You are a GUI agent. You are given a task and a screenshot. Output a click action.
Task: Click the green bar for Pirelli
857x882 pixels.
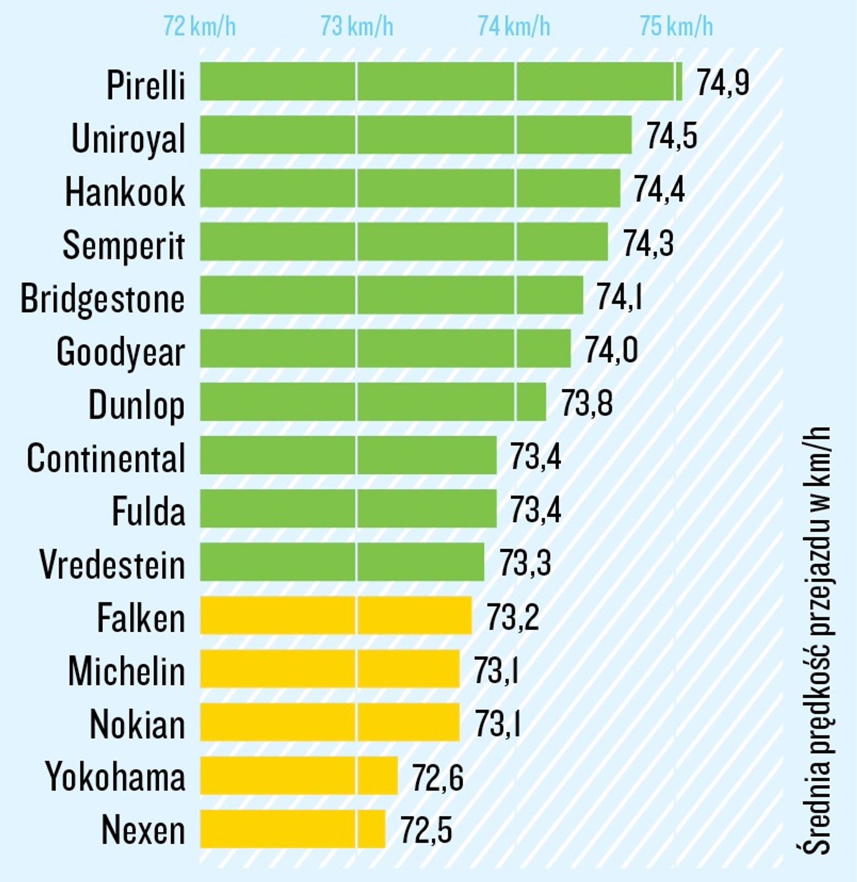[440, 82]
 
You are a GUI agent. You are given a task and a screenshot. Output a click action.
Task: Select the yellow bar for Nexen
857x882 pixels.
[292, 829]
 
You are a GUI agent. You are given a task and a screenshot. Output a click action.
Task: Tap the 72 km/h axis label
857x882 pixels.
[199, 26]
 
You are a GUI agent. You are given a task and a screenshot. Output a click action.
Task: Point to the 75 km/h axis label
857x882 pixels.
[676, 26]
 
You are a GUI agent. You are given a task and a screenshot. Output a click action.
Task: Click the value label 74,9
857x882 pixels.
[722, 83]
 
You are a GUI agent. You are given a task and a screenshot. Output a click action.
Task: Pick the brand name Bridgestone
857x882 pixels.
[103, 298]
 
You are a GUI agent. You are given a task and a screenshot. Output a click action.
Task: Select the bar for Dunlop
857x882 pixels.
[372, 402]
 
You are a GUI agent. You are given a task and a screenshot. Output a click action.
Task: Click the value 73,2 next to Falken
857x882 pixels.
[512, 617]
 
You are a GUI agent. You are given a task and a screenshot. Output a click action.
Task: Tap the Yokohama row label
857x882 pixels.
[115, 776]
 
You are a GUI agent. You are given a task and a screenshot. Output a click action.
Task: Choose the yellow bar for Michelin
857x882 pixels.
[329, 669]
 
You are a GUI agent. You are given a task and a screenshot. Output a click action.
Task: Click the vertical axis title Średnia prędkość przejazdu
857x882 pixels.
[816, 639]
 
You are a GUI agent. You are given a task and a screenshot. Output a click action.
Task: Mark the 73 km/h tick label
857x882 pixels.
[357, 26]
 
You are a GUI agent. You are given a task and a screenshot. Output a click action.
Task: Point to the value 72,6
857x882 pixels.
[437, 778]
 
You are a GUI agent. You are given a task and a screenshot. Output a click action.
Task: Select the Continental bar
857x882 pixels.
[347, 455]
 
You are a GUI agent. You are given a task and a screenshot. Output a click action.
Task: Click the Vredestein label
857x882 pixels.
[112, 564]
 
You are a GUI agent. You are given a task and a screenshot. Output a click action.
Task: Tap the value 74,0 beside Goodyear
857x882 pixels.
[610, 350]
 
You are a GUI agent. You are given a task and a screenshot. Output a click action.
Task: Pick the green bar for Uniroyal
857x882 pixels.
[415, 135]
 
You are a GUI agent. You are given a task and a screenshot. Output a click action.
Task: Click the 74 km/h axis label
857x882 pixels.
[513, 26]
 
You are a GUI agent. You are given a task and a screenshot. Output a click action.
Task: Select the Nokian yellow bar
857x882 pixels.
[329, 722]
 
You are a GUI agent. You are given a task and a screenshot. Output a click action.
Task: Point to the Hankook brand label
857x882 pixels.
[125, 192]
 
